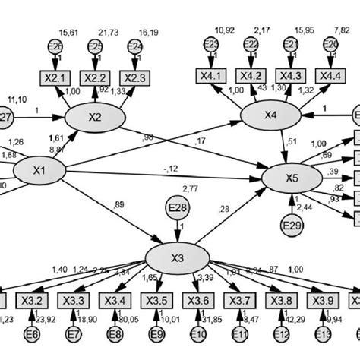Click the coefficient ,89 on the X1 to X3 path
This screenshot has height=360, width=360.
pos(117,204)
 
